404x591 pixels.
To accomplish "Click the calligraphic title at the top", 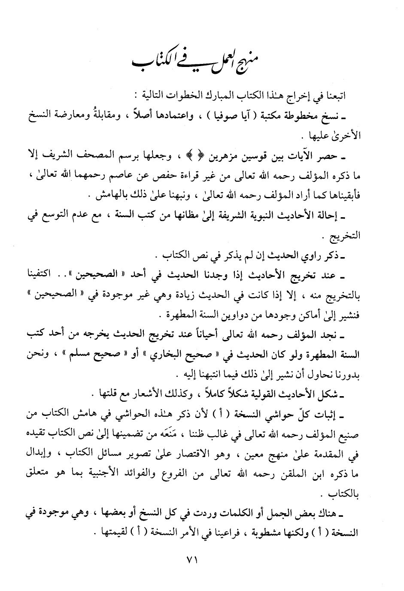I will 202,62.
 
